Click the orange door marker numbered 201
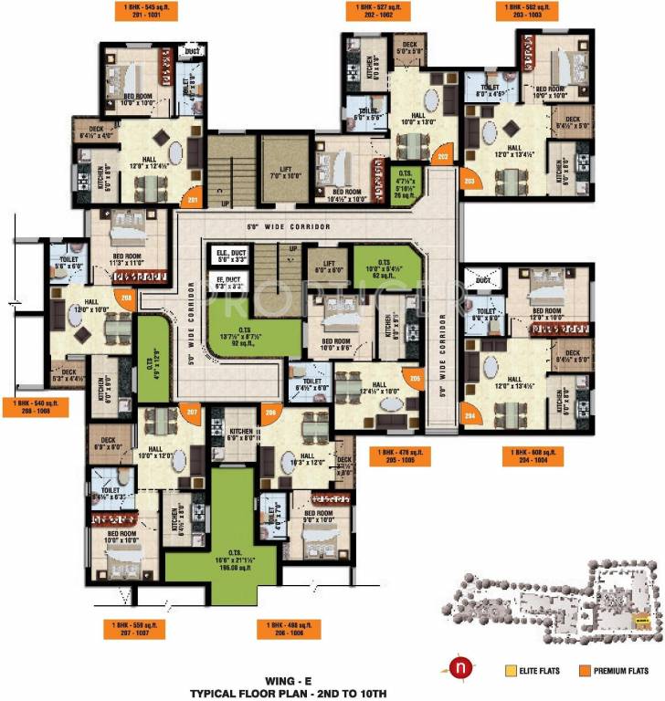(x=193, y=201)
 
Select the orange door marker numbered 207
(x=191, y=413)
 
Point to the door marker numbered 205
(x=415, y=378)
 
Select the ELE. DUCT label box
(x=228, y=256)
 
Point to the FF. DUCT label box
(x=228, y=282)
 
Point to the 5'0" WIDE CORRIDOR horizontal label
(x=289, y=225)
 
